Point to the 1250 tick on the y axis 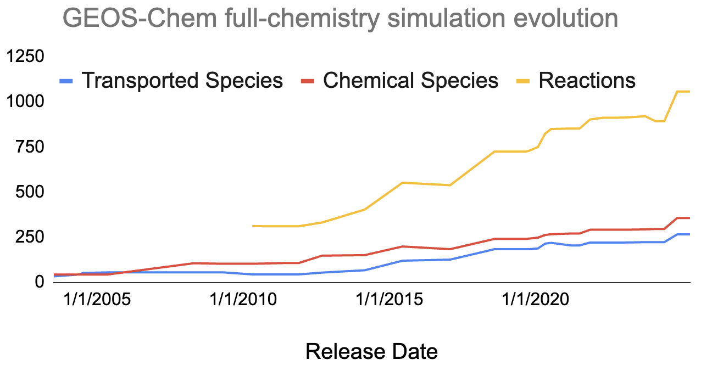(26, 57)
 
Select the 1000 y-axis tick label (26, 102)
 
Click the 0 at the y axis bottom (40, 282)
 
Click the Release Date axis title (371, 351)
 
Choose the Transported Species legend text (182, 81)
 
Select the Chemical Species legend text (410, 81)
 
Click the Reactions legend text (587, 81)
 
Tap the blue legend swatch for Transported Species (66, 81)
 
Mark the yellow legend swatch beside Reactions (524, 81)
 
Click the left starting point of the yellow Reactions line (253, 226)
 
